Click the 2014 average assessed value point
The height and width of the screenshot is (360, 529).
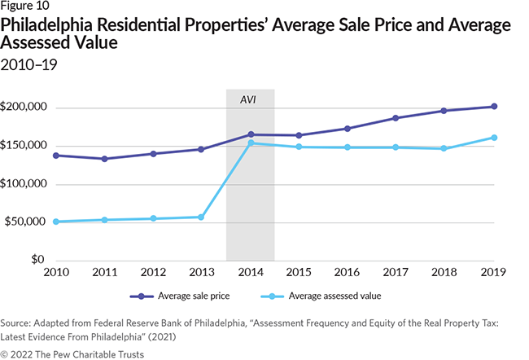click(251, 143)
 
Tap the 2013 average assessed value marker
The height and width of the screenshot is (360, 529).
click(201, 217)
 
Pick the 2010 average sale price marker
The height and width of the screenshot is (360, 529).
click(55, 155)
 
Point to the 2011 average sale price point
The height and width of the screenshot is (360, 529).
click(104, 159)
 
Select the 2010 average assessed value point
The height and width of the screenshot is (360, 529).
click(55, 222)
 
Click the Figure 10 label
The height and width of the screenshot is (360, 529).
click(25, 8)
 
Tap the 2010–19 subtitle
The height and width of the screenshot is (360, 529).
click(30, 62)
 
